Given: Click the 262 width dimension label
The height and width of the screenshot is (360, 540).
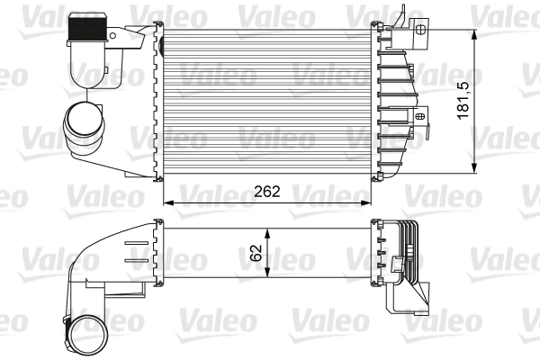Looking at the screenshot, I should pos(267,191).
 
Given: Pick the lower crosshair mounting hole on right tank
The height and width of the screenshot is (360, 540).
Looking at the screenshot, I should pos(420,116).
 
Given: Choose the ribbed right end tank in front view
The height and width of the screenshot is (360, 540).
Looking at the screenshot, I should pos(396,99).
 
